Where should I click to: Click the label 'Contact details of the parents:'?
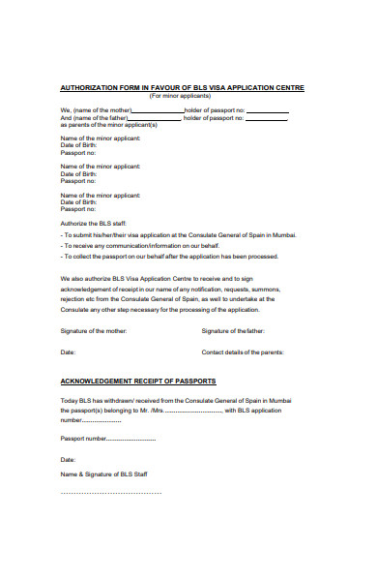tap(242, 352)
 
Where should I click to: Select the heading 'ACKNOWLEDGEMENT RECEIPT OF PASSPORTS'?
tap(138, 381)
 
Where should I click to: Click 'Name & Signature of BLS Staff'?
tap(103, 474)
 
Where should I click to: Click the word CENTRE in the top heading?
tap(287, 88)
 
